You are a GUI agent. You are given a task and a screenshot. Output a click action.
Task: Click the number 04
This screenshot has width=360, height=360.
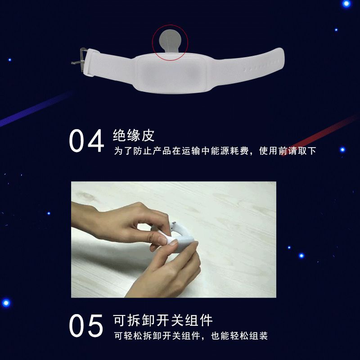tap(86, 141)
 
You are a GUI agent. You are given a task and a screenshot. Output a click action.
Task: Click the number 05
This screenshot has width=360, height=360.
tap(86, 326)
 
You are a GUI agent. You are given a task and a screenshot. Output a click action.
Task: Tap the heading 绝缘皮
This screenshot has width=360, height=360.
tap(134, 135)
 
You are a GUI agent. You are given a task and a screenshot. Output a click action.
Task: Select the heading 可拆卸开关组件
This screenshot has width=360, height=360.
tap(163, 320)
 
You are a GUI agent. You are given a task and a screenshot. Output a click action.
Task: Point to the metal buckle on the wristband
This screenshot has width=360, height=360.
tap(79, 59)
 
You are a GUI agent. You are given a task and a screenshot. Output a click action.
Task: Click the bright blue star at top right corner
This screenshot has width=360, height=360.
tap(346, 4)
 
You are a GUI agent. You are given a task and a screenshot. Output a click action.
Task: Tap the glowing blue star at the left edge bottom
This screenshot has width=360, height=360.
tap(5, 302)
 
